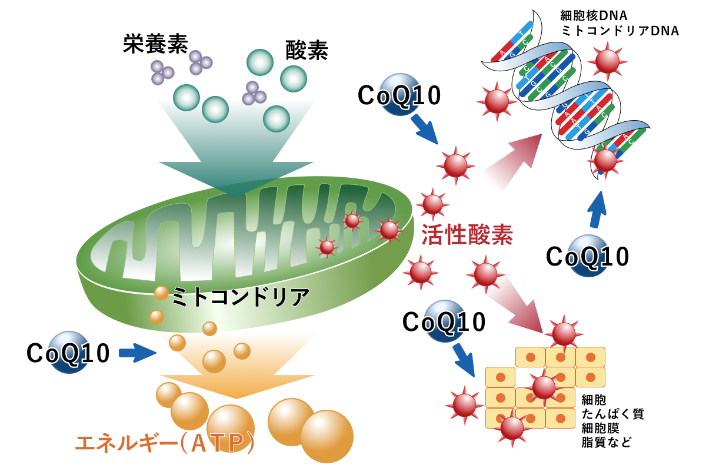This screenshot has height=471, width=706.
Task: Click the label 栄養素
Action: click(155, 44)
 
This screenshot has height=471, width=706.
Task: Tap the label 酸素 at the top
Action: click(307, 50)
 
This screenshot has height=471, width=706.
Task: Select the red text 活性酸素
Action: click(467, 235)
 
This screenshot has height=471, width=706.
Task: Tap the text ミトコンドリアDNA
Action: click(620, 31)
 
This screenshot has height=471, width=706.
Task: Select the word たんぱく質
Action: click(612, 413)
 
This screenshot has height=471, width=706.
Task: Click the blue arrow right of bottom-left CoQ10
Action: click(137, 353)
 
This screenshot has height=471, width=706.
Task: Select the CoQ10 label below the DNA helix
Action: click(588, 257)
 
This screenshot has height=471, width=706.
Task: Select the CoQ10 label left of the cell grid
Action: click(444, 322)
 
